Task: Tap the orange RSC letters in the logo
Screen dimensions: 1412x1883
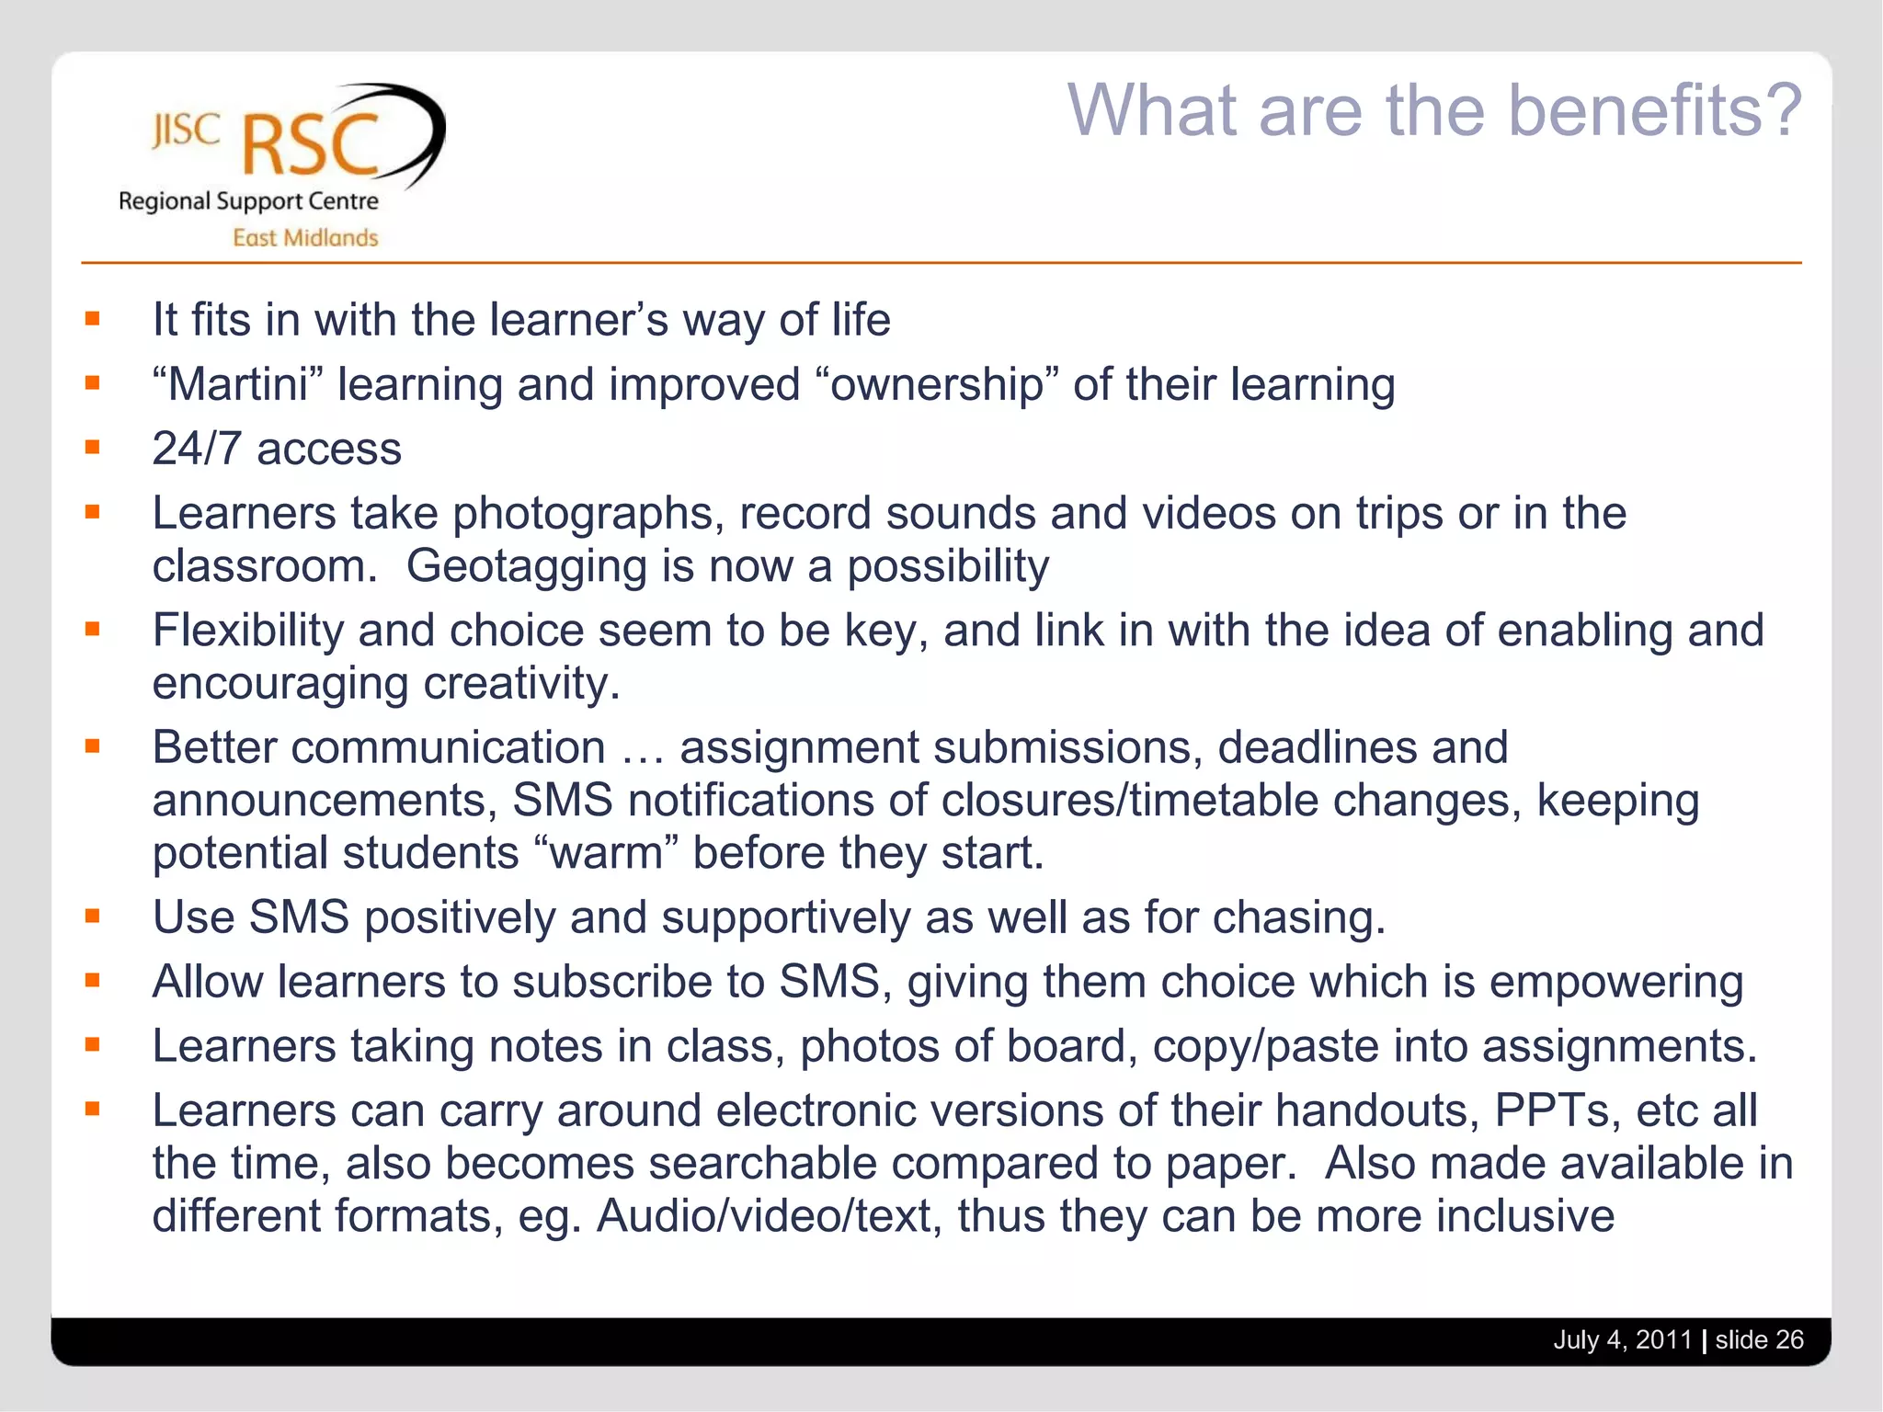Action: click(311, 145)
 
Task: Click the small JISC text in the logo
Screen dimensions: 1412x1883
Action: click(186, 131)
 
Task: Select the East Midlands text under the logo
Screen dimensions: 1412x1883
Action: click(305, 238)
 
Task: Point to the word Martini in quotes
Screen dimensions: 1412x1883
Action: click(237, 384)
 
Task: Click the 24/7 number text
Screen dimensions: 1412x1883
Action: click(197, 450)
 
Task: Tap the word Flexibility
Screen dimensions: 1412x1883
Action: click(247, 631)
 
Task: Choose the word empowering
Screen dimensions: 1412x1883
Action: click(1615, 982)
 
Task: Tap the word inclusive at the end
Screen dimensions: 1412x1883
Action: click(1525, 1216)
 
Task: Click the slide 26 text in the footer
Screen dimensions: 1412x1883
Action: click(1759, 1339)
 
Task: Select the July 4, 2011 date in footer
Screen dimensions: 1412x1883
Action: click(1622, 1339)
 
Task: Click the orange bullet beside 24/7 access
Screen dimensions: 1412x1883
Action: click(92, 448)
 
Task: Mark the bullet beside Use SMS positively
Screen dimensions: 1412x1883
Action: click(92, 916)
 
